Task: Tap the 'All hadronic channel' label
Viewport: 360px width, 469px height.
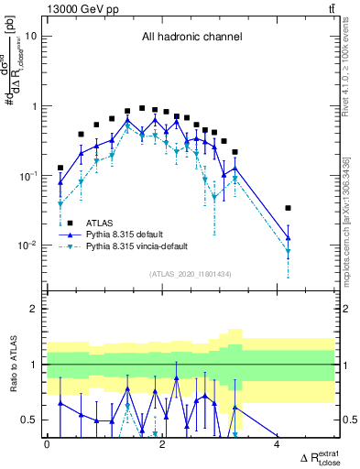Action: pyautogui.click(x=191, y=38)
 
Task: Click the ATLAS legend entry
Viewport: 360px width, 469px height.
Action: pyautogui.click(x=100, y=223)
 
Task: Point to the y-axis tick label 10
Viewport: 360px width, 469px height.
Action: pyautogui.click(x=30, y=37)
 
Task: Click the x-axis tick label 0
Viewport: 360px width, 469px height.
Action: pyautogui.click(x=47, y=444)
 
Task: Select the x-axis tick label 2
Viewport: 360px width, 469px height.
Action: pyautogui.click(x=162, y=444)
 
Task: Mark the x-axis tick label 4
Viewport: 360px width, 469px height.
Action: pyautogui.click(x=278, y=444)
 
